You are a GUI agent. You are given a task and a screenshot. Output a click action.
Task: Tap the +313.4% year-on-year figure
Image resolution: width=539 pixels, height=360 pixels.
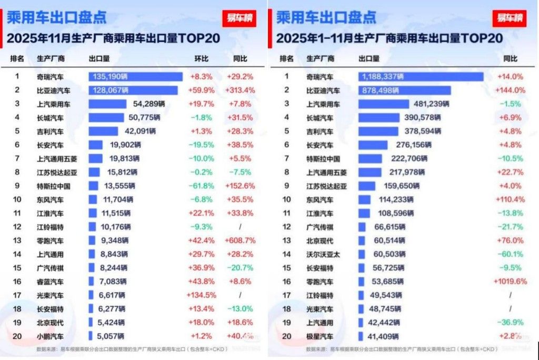click(240, 90)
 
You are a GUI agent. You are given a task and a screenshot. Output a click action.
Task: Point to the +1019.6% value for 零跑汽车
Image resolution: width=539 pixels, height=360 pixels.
click(510, 282)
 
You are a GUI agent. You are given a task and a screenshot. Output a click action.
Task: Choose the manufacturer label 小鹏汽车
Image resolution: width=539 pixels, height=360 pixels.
click(50, 336)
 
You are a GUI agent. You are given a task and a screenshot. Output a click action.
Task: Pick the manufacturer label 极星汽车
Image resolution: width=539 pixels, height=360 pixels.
click(320, 336)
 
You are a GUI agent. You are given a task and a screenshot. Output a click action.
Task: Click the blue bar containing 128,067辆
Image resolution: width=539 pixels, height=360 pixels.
click(133, 90)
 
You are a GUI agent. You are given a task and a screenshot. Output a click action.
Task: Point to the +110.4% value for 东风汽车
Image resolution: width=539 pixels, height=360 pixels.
click(510, 199)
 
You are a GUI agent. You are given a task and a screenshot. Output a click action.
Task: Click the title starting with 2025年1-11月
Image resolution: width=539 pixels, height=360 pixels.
click(389, 38)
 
